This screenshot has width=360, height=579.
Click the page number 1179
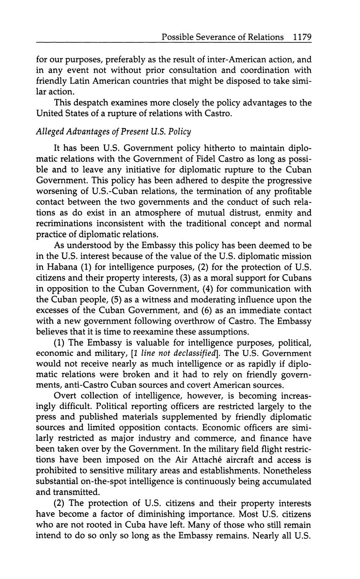[x=302, y=37]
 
